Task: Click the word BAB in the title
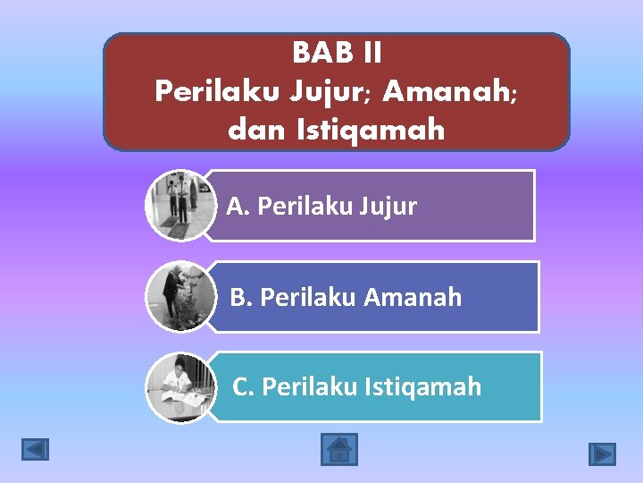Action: click(318, 54)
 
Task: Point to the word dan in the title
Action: click(254, 131)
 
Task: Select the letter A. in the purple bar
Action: click(238, 207)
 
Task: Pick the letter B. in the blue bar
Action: click(241, 297)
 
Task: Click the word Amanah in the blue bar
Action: click(413, 297)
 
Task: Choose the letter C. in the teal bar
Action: click(244, 386)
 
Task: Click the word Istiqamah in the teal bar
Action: click(423, 386)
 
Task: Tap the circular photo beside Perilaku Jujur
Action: click(180, 206)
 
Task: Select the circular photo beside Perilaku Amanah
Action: click(180, 296)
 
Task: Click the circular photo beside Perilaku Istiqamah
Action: click(180, 386)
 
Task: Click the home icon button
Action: click(338, 449)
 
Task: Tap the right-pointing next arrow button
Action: click(602, 453)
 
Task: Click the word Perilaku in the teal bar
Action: click(310, 386)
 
